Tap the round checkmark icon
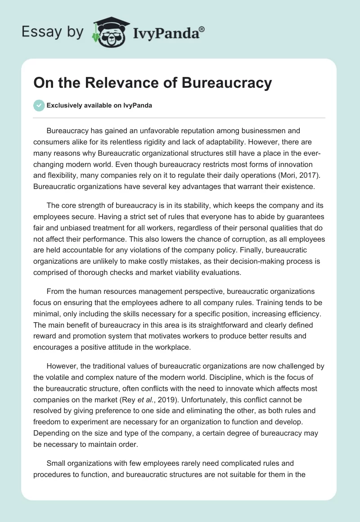tap(39, 105)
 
